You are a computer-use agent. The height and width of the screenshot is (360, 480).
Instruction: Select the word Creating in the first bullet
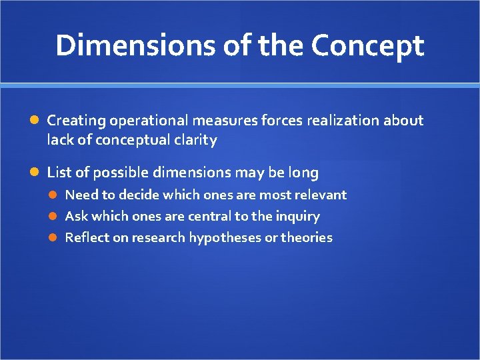click(x=77, y=121)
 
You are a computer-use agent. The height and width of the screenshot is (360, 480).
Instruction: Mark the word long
click(x=303, y=173)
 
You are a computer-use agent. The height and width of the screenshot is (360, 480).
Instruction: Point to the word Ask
click(x=76, y=216)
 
